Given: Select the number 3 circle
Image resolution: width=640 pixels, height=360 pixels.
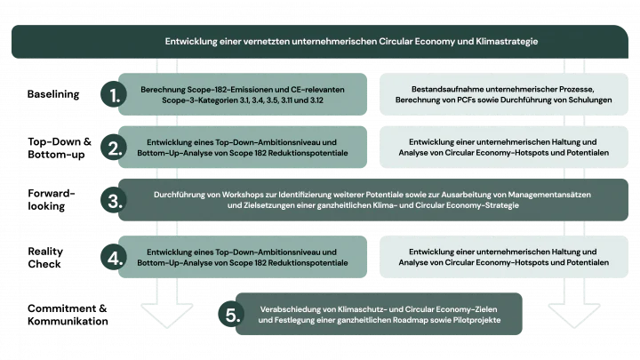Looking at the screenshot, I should (112, 200).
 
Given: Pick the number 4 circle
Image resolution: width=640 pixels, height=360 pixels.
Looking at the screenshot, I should (112, 258).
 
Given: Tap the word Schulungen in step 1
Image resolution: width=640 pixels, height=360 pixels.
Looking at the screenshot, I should (581, 100).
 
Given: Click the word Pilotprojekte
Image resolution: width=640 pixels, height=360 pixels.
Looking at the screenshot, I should (476, 318).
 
